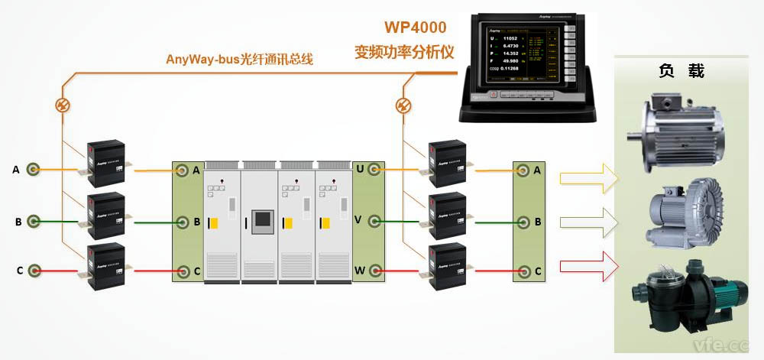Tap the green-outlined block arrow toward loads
(x=586, y=222)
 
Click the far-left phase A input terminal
(x=34, y=170)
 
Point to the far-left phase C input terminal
(x=34, y=271)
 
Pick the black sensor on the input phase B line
(x=105, y=217)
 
